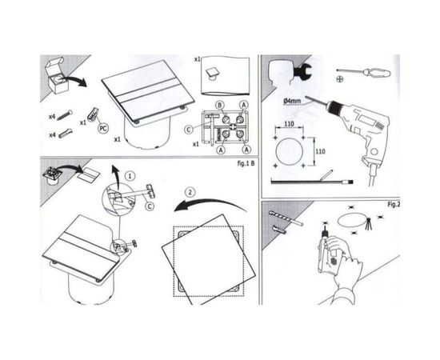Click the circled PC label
103,126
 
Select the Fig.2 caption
393,204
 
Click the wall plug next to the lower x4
70,133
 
